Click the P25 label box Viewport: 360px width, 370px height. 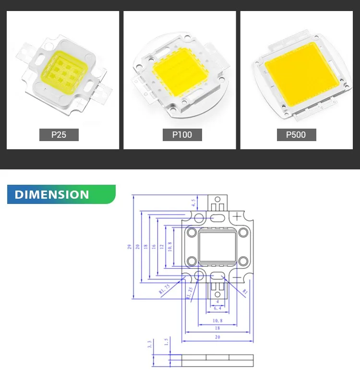coord(59,134)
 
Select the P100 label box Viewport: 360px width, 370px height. coord(182,134)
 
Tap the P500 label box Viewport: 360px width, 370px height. coord(296,134)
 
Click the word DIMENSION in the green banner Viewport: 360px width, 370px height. coord(52,194)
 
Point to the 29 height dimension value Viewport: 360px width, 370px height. coord(129,247)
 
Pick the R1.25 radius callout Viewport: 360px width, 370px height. coord(190,292)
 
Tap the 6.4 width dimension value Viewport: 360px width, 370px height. coord(217,308)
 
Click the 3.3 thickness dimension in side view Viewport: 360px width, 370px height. coord(150,344)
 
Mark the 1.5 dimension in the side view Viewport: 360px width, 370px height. coord(166,342)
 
